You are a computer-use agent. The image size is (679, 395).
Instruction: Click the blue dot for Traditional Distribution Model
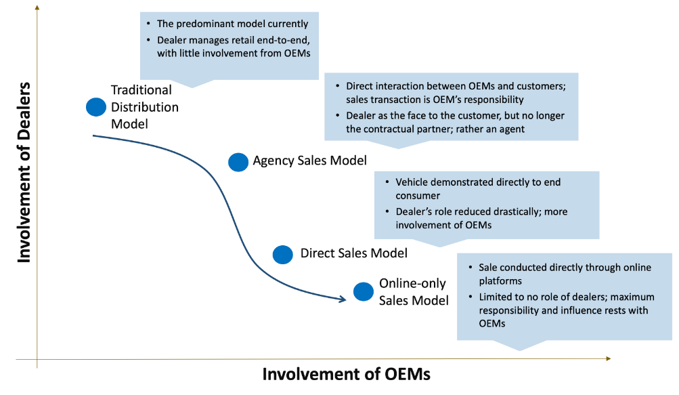[96, 106]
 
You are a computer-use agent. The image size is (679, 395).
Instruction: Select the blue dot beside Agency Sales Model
[238, 162]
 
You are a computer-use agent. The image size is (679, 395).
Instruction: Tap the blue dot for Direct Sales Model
[282, 254]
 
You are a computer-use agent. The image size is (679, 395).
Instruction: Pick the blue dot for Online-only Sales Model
[364, 291]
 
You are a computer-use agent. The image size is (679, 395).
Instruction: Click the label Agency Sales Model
[309, 161]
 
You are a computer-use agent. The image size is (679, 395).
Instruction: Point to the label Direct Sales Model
[354, 253]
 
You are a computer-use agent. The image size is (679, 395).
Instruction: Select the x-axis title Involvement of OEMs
[346, 375]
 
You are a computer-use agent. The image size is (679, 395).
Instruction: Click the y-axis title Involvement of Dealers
[24, 172]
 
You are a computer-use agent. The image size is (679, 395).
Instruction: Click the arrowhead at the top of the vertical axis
[37, 7]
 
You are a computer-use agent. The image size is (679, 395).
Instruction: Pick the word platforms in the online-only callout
[500, 280]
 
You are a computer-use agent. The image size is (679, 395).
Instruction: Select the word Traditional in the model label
[141, 90]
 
